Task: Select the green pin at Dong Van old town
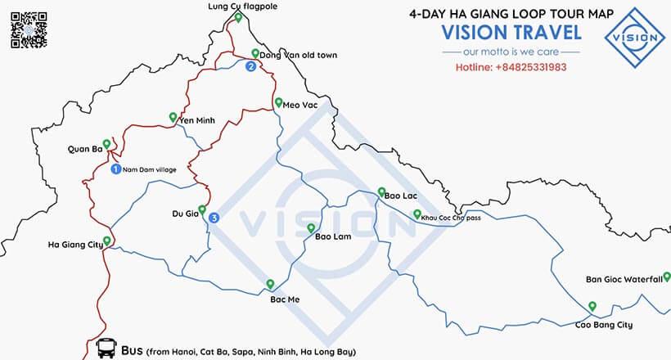click(254, 54)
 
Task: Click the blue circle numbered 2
click(251, 67)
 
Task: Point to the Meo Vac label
click(300, 105)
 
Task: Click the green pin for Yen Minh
click(173, 116)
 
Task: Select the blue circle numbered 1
click(115, 169)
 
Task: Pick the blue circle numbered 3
click(214, 218)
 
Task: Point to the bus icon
click(105, 349)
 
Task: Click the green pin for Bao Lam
click(310, 228)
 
